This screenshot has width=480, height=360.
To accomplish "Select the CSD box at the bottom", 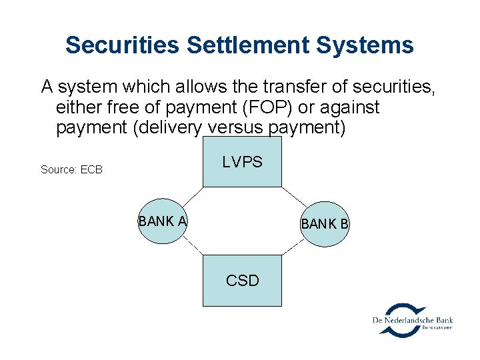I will coord(242,280).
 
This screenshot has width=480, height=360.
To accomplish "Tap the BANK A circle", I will coord(161,221).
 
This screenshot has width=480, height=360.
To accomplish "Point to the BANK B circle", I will coord(325,224).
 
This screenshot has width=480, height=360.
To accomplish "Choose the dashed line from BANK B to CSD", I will coord(293,248).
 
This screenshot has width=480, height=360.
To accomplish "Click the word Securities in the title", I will coord(123,45).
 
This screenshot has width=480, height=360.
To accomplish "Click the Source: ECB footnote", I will coord(71,169).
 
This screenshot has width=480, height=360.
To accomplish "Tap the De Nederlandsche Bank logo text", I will coord(412,321).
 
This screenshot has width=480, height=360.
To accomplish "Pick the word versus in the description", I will coord(233,127).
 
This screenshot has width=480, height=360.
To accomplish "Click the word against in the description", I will coord(343,107).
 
